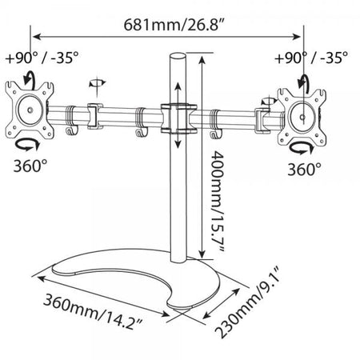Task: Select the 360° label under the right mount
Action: tap(305, 170)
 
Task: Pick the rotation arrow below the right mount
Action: tap(302, 149)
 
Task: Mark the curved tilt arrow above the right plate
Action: tap(306, 82)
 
